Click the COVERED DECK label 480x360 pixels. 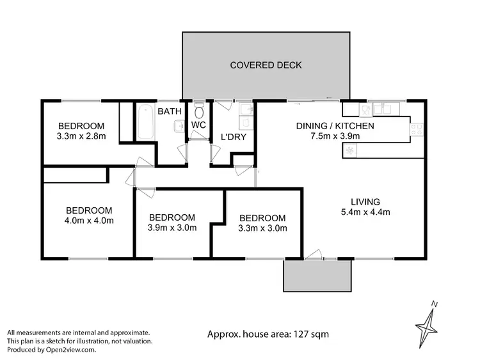[x=266, y=65]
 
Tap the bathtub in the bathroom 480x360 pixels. [x=144, y=123]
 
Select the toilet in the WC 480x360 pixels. [x=199, y=108]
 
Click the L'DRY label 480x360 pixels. [x=234, y=137]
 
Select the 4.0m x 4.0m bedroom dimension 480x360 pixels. [x=90, y=221]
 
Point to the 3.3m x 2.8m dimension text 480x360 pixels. [x=81, y=136]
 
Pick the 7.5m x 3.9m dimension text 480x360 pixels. [x=334, y=136]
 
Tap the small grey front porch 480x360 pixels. [x=317, y=276]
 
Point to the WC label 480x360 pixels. [x=198, y=125]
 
